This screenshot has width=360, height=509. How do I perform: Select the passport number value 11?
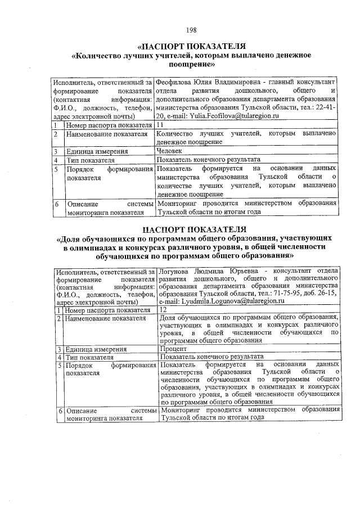click(160, 124)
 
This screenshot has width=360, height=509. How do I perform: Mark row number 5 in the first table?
click(57, 169)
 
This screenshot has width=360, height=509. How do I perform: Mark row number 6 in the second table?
click(58, 410)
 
